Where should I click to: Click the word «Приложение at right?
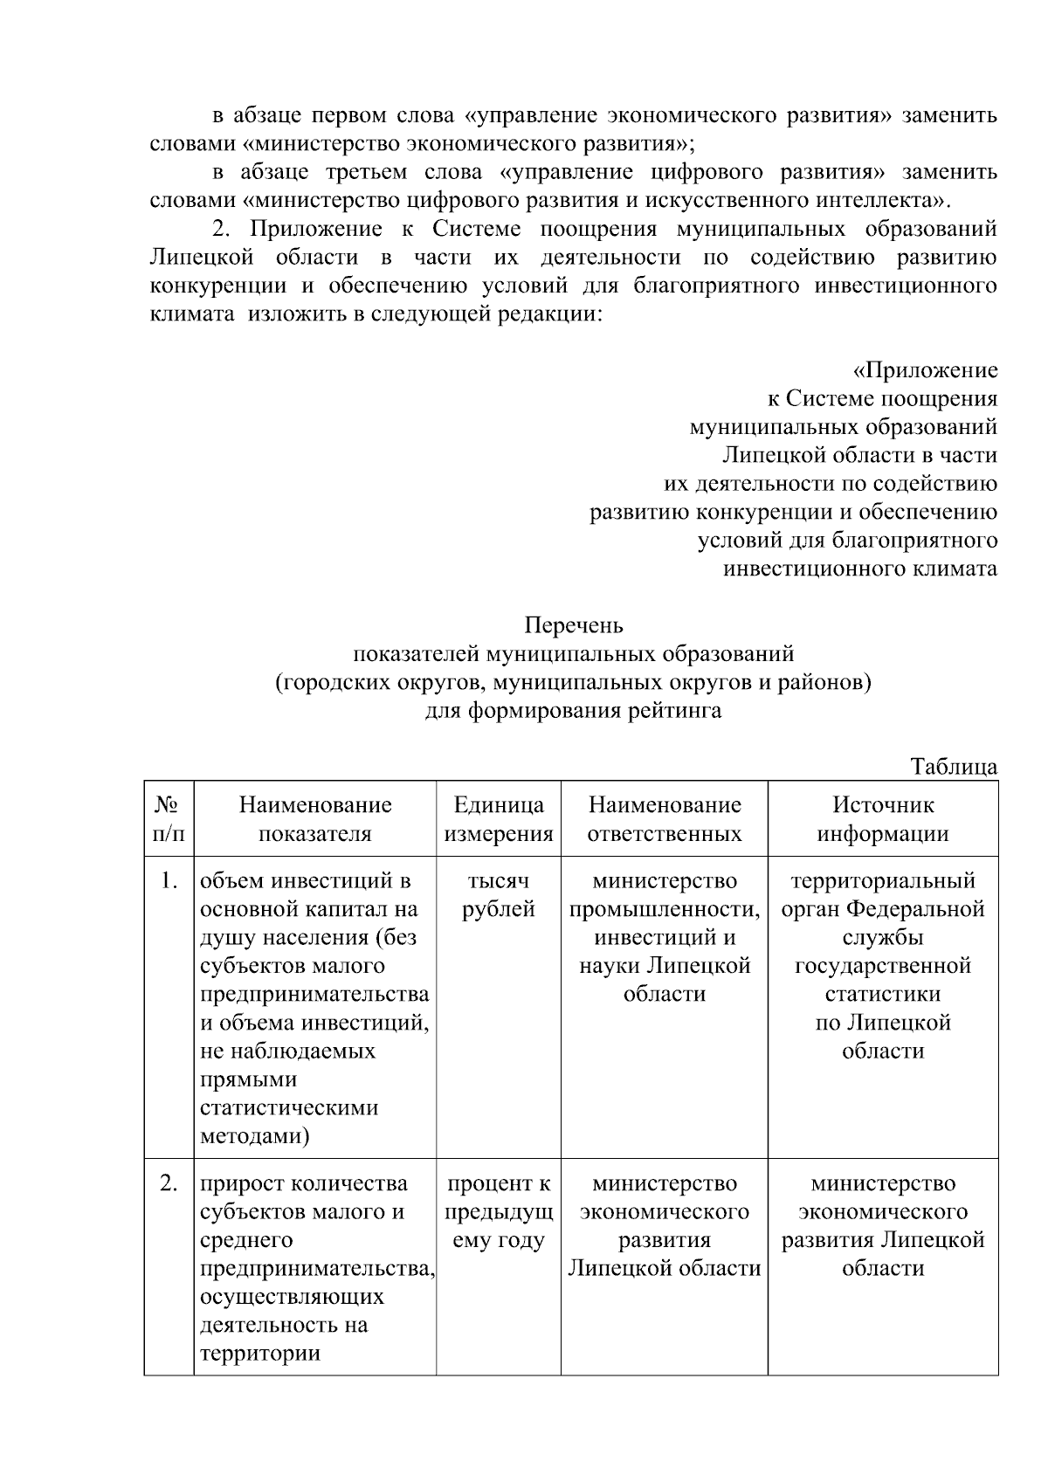tap(925, 370)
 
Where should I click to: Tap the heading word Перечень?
tap(574, 625)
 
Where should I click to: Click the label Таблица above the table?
tap(954, 767)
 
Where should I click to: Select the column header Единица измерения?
tap(499, 818)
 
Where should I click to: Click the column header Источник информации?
tap(883, 818)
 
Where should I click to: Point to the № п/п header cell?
tap(169, 818)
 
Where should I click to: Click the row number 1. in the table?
tap(169, 880)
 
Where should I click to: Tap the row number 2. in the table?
tap(169, 1183)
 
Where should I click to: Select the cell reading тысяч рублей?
tap(499, 894)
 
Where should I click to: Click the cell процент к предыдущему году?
tap(499, 1211)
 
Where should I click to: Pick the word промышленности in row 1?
tap(664, 909)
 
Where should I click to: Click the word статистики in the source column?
tap(883, 994)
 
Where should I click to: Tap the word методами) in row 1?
tap(255, 1136)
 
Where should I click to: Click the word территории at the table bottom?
tap(260, 1354)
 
